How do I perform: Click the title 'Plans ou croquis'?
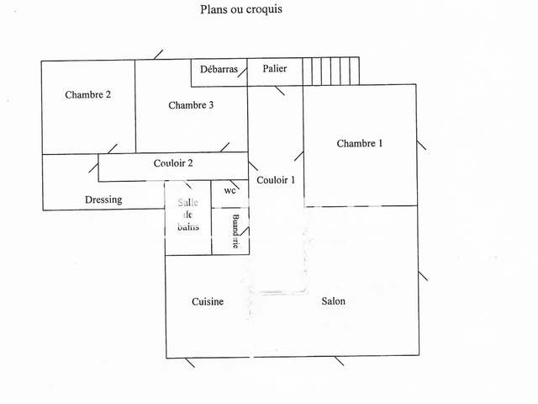click(x=240, y=10)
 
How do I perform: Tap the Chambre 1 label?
click(x=360, y=143)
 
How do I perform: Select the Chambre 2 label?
click(x=87, y=95)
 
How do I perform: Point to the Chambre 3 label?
click(x=191, y=105)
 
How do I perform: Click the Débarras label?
click(x=218, y=70)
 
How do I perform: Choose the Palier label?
click(x=275, y=69)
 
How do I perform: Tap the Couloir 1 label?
click(x=276, y=180)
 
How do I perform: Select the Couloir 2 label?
click(x=173, y=163)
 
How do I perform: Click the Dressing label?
click(x=103, y=199)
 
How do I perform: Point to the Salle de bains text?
click(x=187, y=215)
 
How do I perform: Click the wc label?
click(x=229, y=190)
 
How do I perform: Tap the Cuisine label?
click(x=207, y=301)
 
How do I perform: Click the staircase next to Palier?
click(x=330, y=71)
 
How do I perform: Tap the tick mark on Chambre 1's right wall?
click(x=421, y=145)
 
